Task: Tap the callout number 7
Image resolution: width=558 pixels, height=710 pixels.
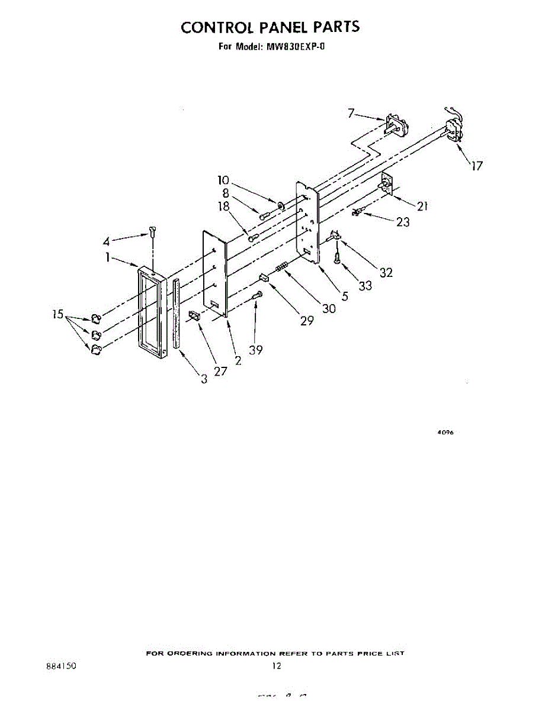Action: coord(351,112)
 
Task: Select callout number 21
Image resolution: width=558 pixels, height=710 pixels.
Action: coord(422,206)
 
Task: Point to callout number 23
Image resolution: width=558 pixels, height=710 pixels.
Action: coord(403,222)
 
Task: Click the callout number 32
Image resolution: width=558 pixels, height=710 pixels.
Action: coord(386,273)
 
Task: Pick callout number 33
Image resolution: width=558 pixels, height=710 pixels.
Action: coord(365,286)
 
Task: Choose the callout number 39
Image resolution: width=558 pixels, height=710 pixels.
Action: coord(255,350)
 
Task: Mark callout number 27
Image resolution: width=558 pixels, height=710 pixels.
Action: coord(221,372)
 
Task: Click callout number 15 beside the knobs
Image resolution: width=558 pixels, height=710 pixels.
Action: coord(57,315)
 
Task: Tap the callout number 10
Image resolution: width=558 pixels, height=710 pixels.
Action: coord(223,180)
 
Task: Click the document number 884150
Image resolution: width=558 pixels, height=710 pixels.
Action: coord(61,666)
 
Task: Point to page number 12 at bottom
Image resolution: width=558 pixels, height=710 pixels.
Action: coord(277,666)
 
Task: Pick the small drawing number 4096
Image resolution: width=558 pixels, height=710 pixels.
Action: coord(445,433)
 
